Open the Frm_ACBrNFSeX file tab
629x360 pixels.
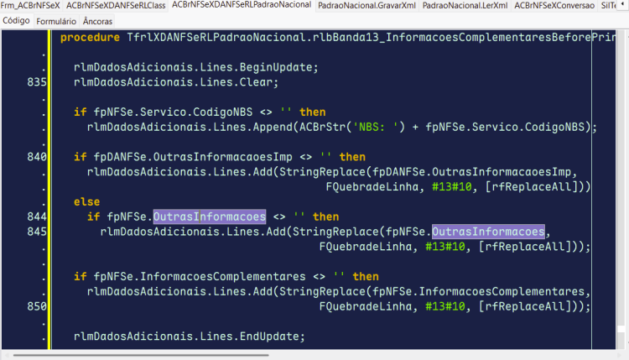(x=30, y=6)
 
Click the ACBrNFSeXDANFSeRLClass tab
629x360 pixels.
(x=116, y=6)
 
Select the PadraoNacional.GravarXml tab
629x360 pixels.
(x=366, y=6)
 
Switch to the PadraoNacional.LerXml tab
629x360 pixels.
(x=465, y=6)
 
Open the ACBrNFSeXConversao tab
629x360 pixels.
(x=554, y=6)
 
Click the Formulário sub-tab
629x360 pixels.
(x=56, y=21)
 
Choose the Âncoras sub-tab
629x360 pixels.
(x=97, y=21)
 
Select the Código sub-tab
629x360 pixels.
(x=16, y=20)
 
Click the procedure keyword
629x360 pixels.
(x=90, y=37)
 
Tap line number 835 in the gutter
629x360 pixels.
(x=37, y=82)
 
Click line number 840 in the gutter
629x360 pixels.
(x=37, y=157)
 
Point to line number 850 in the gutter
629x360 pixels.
(x=37, y=306)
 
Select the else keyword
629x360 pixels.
(x=86, y=202)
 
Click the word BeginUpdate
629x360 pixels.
(x=276, y=67)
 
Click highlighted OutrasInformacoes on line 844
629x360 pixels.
(x=210, y=217)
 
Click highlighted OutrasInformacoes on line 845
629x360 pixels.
(x=488, y=232)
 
